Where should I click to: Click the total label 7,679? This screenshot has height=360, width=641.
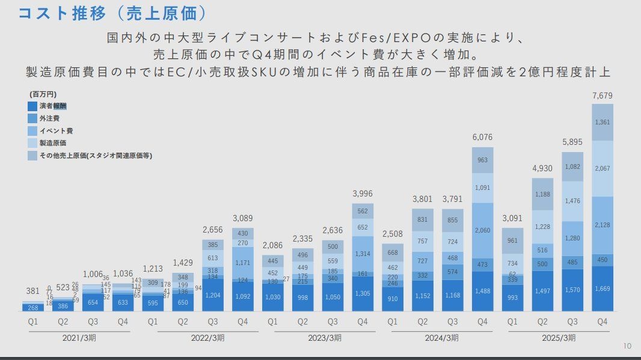tap(603, 96)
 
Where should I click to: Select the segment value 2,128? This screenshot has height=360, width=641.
tap(603, 225)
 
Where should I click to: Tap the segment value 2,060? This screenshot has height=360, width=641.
tap(482, 230)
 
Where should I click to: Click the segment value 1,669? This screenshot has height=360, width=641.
tap(603, 289)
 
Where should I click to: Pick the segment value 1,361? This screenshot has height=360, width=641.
tap(603, 123)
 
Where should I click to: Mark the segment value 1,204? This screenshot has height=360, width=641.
tap(212, 296)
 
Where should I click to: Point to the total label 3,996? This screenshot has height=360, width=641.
tap(363, 193)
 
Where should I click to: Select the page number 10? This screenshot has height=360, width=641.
tap(627, 346)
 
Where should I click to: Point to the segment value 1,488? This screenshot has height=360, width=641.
tap(482, 291)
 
